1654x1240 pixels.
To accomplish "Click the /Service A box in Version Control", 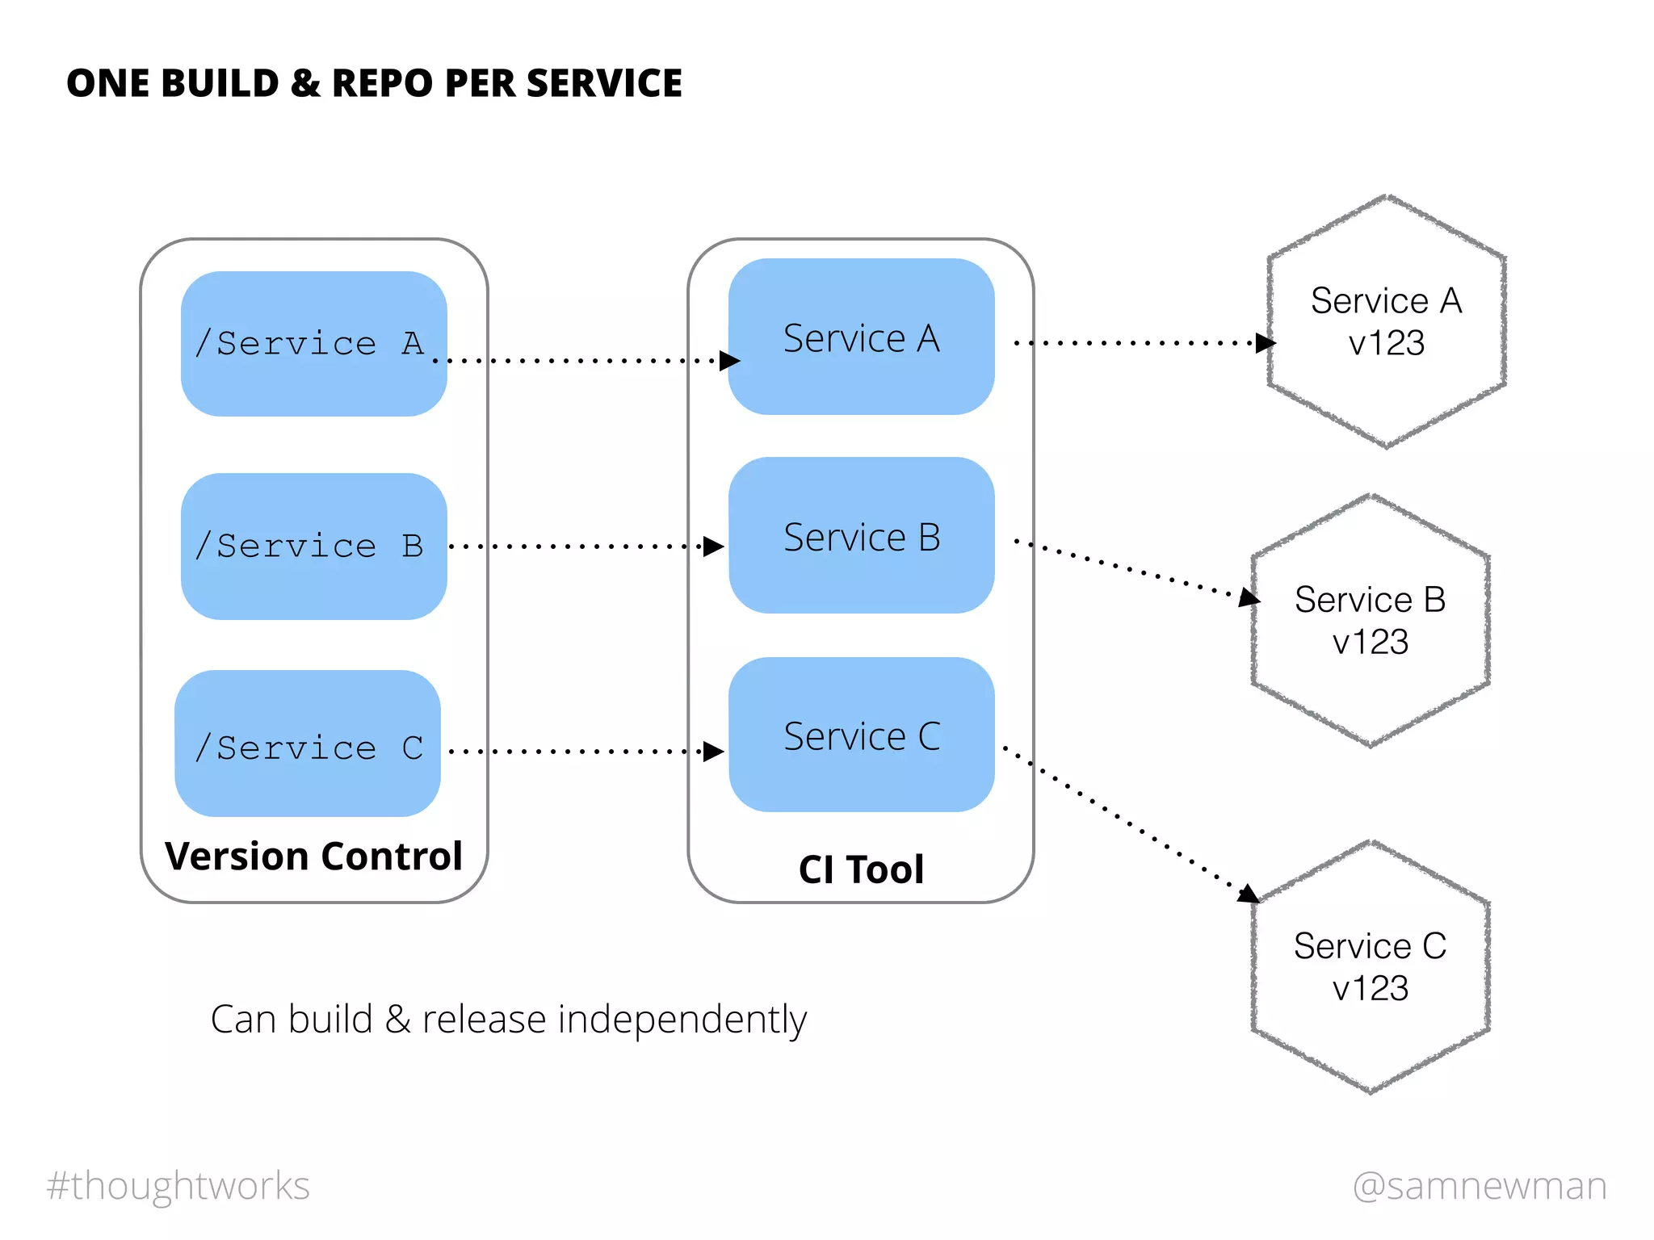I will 313,344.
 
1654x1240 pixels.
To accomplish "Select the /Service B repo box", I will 313,547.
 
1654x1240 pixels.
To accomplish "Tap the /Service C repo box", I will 308,744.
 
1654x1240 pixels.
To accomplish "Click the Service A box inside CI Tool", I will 861,337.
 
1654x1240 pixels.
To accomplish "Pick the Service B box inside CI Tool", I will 861,535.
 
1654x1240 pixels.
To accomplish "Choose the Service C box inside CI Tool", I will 861,735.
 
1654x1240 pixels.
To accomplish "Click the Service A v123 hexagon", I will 1386,321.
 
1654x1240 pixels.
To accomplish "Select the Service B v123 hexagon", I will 1370,620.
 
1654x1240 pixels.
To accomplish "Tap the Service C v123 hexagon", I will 1370,967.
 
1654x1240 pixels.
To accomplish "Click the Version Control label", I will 313,856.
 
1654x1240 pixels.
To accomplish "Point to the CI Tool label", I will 861,869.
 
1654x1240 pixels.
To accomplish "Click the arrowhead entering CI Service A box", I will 729,360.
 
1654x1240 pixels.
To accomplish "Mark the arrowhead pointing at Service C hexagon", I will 1249,894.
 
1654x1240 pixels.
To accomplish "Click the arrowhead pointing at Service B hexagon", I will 1249,597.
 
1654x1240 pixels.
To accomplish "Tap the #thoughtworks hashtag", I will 178,1185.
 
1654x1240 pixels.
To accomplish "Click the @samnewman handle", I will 1480,1185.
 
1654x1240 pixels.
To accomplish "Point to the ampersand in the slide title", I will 304,83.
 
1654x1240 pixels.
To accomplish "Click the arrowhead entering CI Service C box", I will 713,752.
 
